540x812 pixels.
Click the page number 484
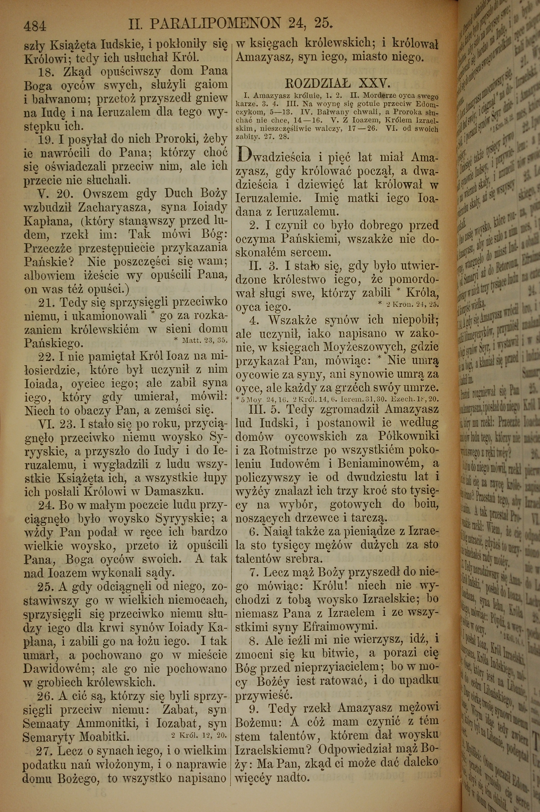(x=35, y=26)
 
